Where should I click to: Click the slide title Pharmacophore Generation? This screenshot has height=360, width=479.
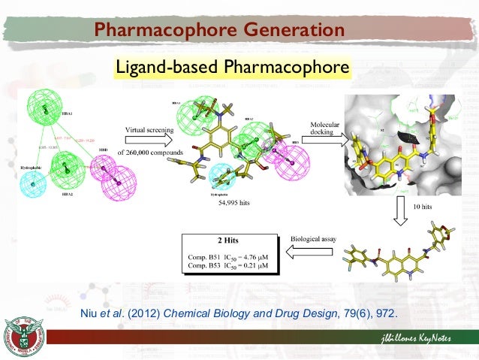tap(219, 30)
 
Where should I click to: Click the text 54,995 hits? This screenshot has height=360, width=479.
tap(233, 204)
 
